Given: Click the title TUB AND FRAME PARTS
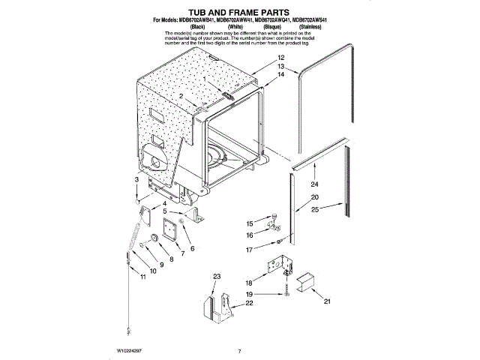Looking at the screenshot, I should [240, 12].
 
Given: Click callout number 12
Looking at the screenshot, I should [280, 58].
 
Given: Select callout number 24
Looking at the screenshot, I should [314, 184].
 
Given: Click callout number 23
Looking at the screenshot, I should [217, 277].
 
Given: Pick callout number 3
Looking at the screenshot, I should [136, 181].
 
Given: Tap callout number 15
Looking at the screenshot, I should [250, 223].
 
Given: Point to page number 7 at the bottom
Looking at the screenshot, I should [238, 351].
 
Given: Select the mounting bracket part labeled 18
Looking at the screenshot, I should [277, 268].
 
